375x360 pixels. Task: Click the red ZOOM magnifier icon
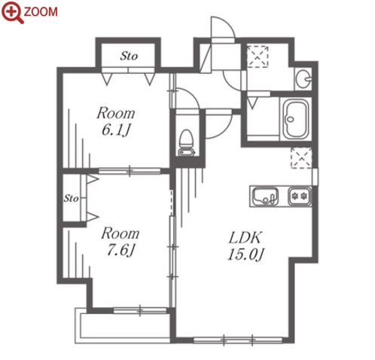tap(11, 13)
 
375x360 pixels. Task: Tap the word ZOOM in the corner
tap(41, 12)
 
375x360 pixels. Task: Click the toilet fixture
tap(186, 142)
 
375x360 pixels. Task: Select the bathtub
tap(296, 119)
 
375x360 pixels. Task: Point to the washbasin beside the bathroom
tap(303, 79)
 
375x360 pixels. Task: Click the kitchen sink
tap(265, 197)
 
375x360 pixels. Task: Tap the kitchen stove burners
tap(300, 196)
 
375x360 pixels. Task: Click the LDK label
tap(245, 237)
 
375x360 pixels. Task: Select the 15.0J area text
tap(245, 254)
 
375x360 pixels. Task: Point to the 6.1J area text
tap(116, 130)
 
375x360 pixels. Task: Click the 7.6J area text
tap(120, 250)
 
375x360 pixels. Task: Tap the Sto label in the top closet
tap(129, 56)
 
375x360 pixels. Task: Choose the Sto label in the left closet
tap(71, 198)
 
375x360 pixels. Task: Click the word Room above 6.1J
tap(116, 113)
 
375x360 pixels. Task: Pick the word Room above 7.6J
tap(120, 233)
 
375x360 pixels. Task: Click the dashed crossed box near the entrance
tap(258, 56)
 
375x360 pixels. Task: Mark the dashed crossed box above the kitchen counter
tap(301, 158)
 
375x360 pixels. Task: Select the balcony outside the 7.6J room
tap(123, 325)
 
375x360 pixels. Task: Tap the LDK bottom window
tap(238, 340)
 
